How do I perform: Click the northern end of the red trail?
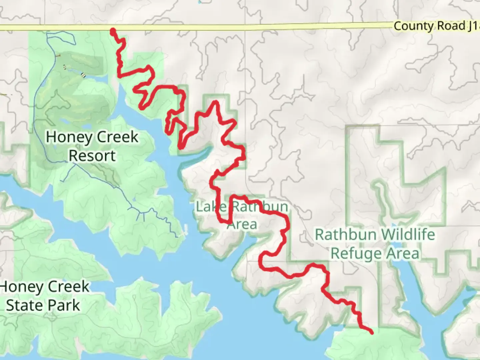tap(113, 31)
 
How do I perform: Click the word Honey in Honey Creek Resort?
tap(64, 137)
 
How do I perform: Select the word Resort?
tap(92, 156)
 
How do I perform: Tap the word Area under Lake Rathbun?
tap(242, 224)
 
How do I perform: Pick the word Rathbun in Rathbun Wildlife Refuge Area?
tap(346, 235)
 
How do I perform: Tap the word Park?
tap(65, 305)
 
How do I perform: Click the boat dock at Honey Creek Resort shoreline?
tap(185, 230)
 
